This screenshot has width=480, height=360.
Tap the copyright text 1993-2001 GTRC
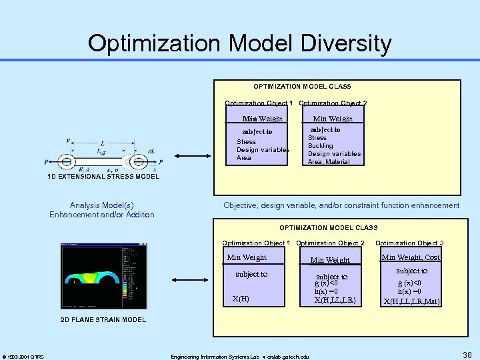click(x=24, y=357)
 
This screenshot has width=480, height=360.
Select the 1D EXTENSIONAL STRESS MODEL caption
click(x=103, y=176)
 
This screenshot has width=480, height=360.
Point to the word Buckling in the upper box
click(x=320, y=146)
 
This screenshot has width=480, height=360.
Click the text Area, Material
click(x=329, y=162)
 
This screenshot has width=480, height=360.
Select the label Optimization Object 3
click(x=409, y=243)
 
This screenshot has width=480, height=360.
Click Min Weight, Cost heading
click(x=411, y=257)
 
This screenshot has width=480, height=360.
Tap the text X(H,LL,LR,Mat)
click(x=411, y=301)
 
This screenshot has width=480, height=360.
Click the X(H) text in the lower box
click(x=241, y=299)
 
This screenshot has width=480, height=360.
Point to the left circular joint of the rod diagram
click(x=67, y=162)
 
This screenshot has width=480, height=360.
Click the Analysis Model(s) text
click(x=101, y=205)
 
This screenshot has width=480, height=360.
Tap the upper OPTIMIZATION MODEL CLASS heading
click(x=302, y=87)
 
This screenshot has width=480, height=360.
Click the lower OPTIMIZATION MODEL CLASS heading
click(x=328, y=228)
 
